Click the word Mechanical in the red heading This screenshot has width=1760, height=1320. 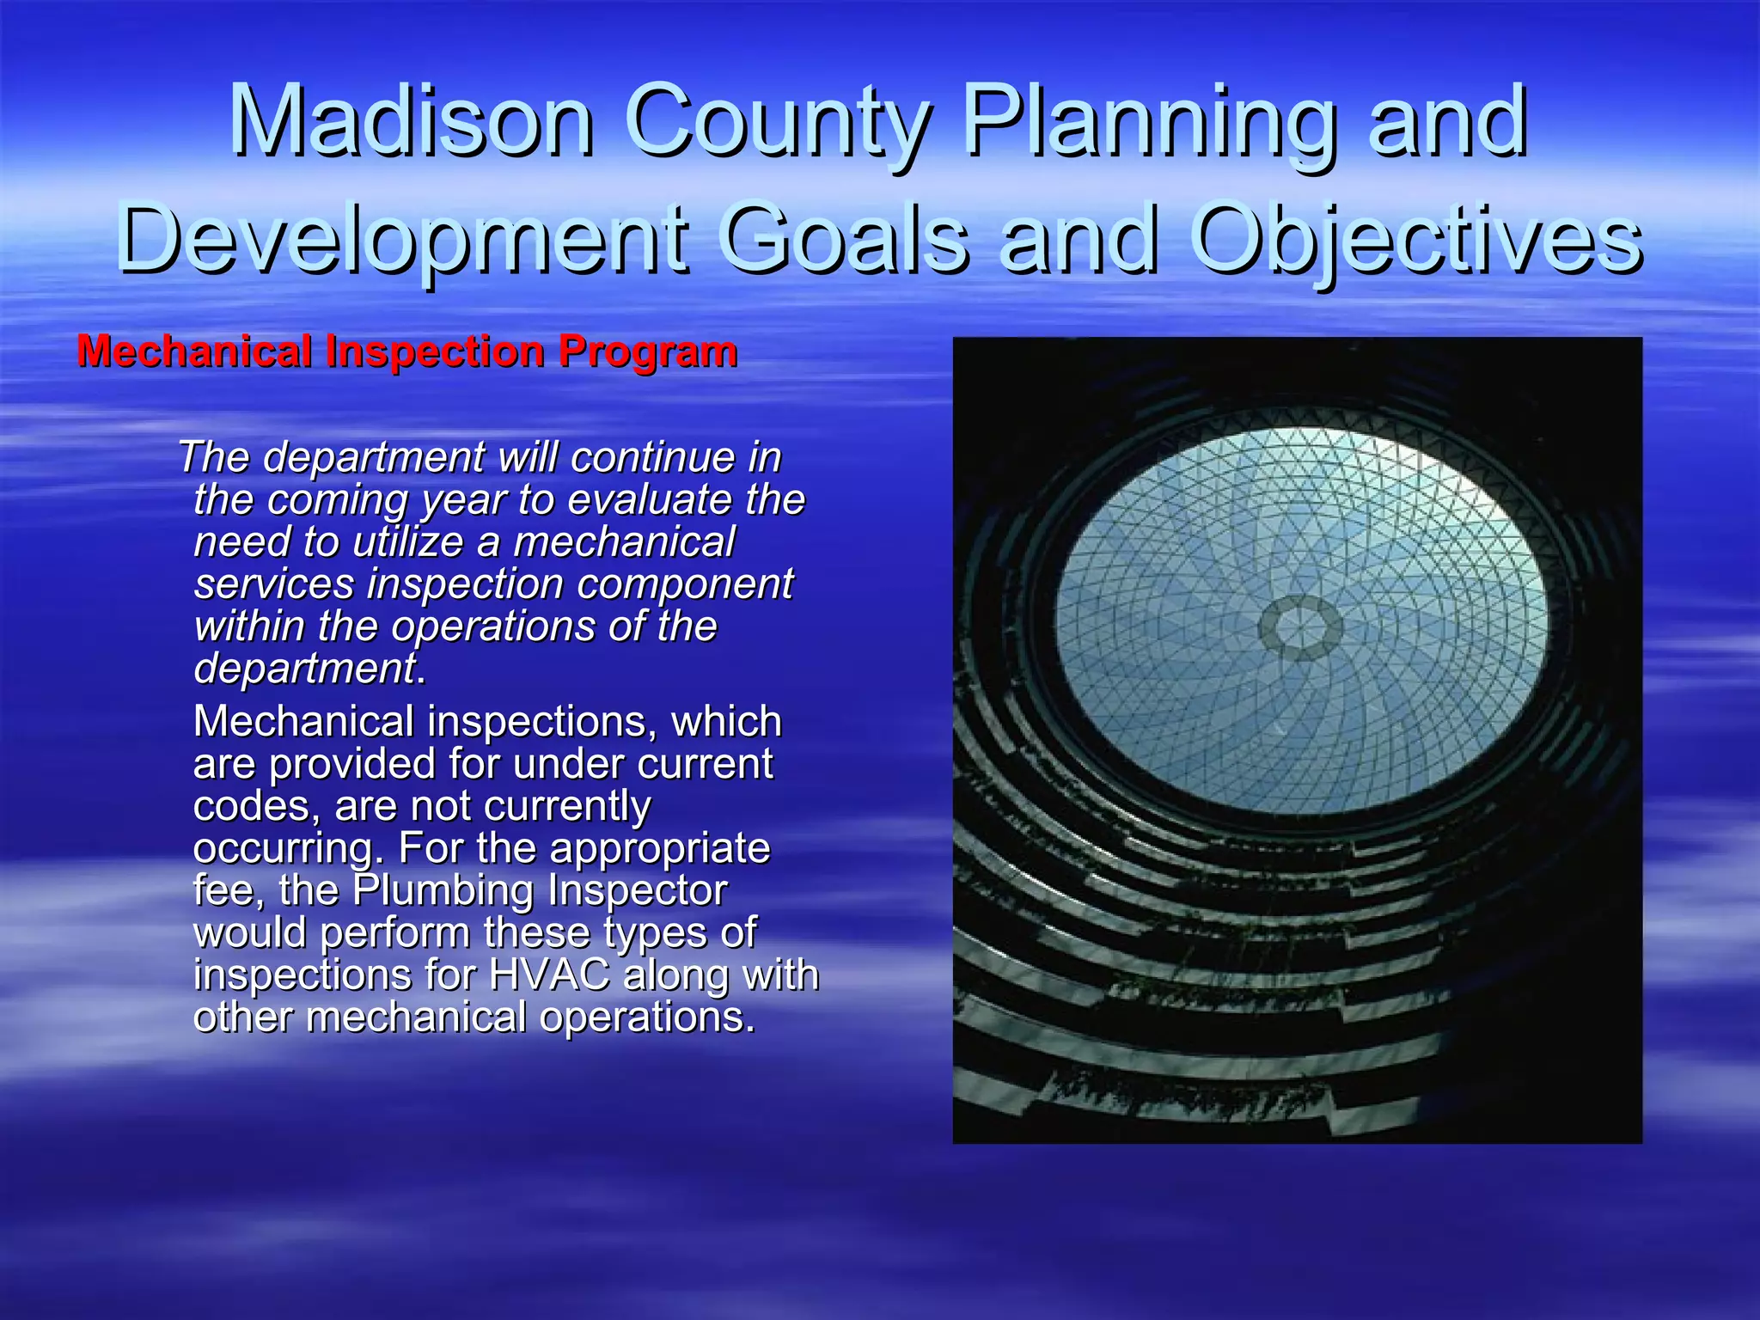193,351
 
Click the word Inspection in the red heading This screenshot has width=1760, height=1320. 435,351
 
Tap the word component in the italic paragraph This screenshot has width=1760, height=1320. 684,584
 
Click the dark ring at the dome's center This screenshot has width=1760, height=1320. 1299,627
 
